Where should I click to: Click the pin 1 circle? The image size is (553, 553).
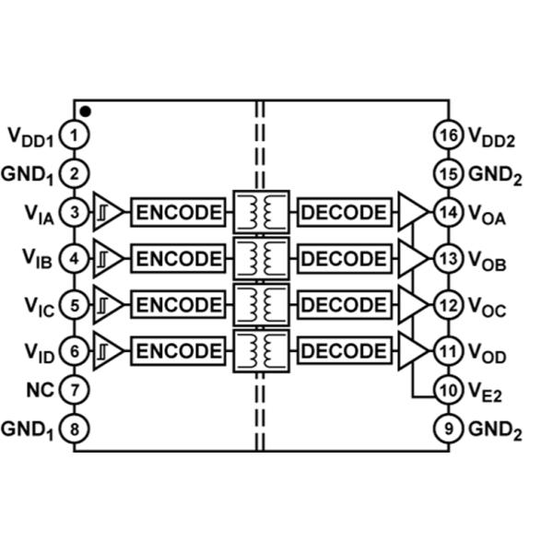click(74, 135)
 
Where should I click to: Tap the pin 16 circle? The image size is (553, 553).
click(448, 135)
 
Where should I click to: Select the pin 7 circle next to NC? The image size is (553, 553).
click(74, 390)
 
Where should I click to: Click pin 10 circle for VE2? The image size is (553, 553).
click(448, 390)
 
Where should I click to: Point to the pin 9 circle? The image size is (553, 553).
click(448, 429)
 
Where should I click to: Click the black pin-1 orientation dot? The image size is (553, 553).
click(86, 112)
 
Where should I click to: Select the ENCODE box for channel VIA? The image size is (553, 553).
click(178, 212)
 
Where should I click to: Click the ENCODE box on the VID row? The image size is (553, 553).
click(178, 351)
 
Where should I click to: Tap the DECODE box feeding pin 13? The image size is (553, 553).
click(345, 258)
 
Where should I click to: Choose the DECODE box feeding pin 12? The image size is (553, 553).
click(345, 305)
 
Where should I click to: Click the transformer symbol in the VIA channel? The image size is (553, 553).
click(262, 212)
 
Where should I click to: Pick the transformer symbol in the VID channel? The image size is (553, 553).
click(262, 351)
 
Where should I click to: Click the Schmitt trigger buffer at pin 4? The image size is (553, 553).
click(108, 258)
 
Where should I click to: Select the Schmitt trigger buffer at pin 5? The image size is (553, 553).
click(108, 305)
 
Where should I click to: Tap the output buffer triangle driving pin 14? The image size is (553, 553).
click(414, 212)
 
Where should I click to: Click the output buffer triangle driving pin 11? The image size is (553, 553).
click(414, 351)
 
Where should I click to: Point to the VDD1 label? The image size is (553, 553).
click(30, 137)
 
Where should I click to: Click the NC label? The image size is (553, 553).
click(41, 390)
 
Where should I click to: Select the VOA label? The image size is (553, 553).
click(487, 215)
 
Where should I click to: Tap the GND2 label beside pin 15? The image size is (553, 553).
click(495, 175)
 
